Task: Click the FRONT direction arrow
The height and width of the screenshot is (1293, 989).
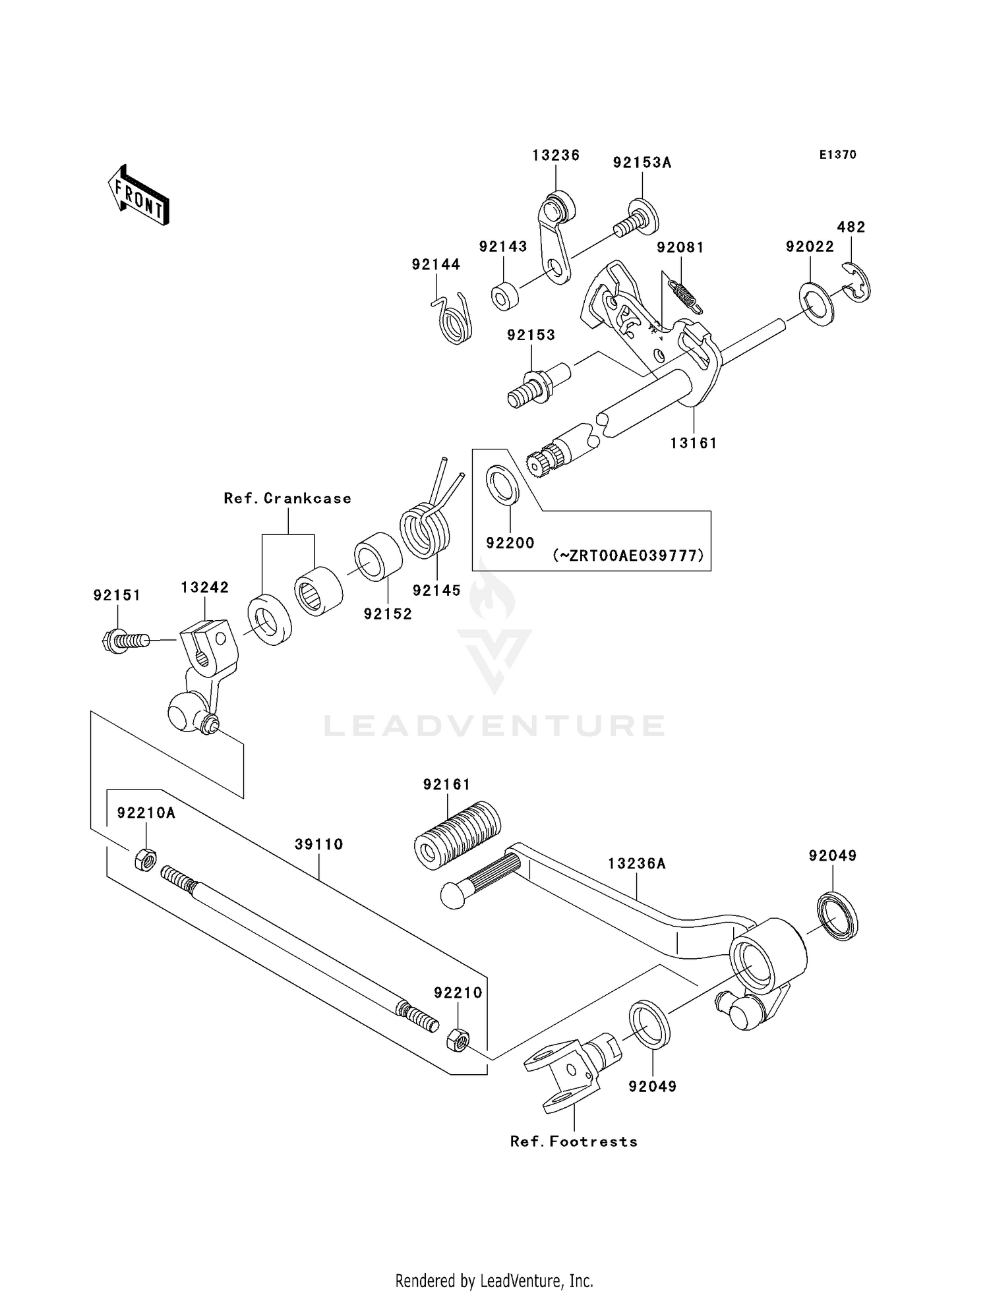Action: [139, 196]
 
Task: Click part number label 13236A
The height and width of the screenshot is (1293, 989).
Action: [636, 863]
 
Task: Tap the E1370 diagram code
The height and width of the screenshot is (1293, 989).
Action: [837, 155]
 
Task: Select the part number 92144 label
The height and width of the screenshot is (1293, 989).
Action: [436, 264]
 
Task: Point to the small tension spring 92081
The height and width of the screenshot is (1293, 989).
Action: [686, 295]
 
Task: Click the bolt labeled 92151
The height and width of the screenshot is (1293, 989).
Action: [126, 640]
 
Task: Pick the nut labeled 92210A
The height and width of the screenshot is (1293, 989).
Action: [145, 859]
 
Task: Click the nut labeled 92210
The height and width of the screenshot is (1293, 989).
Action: [458, 1041]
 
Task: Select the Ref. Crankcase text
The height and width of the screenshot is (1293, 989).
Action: [287, 498]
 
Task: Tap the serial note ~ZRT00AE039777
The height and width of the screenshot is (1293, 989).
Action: [628, 556]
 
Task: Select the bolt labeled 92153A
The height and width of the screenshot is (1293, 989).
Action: [635, 217]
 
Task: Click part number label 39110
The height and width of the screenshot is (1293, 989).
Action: [318, 844]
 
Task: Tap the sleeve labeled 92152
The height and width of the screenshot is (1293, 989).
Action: [378, 556]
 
